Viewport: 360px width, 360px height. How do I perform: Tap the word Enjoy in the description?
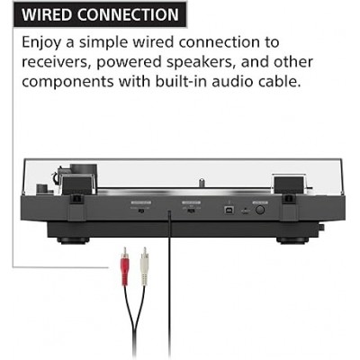click(41, 43)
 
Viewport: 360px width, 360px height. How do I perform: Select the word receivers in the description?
click(57, 62)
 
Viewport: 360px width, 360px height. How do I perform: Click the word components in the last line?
click(67, 82)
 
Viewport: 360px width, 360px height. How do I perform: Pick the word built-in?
click(181, 81)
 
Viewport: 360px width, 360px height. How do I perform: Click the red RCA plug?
click(125, 266)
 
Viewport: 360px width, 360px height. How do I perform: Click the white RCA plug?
click(145, 266)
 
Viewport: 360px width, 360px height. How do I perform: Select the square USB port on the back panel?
click(228, 210)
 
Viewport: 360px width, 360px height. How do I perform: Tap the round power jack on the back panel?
click(260, 210)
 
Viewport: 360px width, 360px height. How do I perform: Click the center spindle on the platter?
click(202, 184)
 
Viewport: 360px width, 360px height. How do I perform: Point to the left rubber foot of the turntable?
click(73, 240)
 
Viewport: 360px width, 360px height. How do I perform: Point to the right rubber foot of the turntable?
click(292, 240)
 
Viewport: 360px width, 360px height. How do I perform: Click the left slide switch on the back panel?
click(141, 211)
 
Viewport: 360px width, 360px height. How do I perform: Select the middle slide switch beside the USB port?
click(191, 211)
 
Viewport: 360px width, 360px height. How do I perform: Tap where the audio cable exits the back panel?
click(170, 212)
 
